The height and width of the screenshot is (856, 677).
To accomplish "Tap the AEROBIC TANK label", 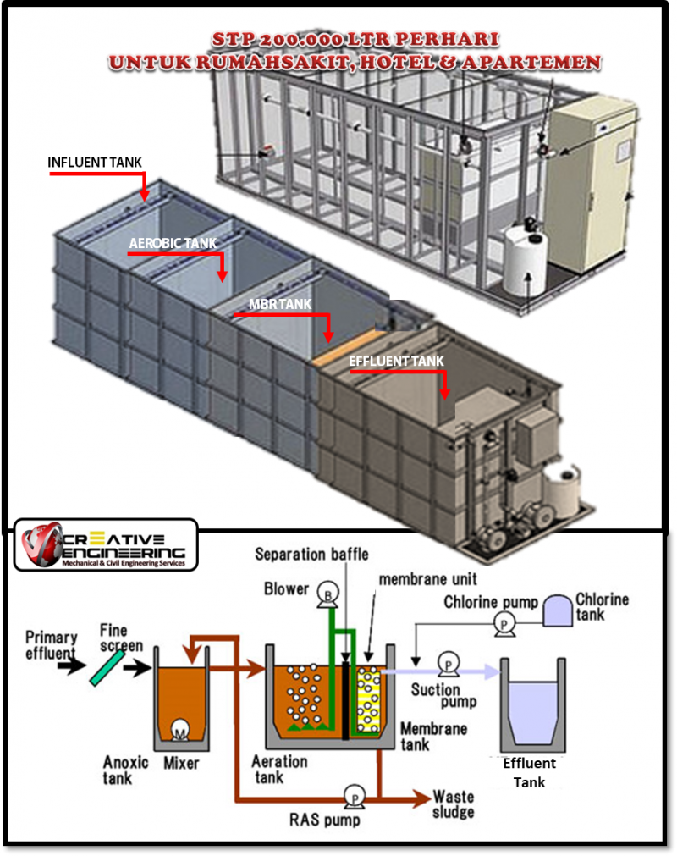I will (173, 243).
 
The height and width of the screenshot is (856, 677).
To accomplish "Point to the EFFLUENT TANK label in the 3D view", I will (396, 362).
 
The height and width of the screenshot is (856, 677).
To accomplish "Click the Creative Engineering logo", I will (107, 546).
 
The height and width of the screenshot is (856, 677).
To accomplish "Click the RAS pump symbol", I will (352, 796).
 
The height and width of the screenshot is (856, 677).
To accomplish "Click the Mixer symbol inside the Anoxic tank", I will (181, 728).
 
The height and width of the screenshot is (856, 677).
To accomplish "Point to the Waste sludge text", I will (453, 804).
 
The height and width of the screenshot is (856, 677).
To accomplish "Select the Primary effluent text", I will (52, 645).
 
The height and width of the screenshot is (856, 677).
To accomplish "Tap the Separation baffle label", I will (312, 555).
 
